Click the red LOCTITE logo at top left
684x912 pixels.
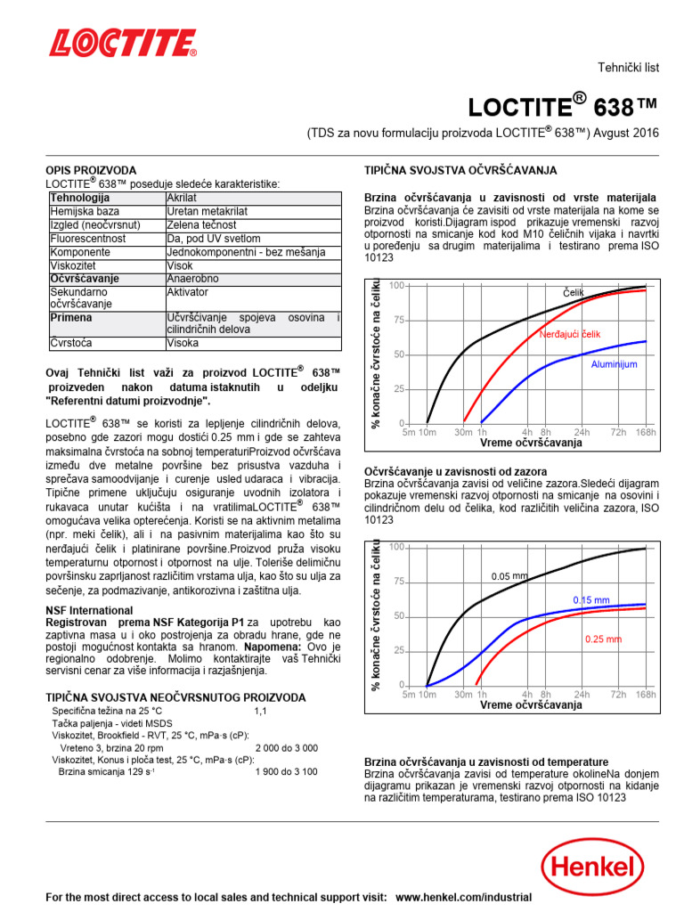tap(123, 44)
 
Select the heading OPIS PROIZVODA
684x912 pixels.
tap(91, 170)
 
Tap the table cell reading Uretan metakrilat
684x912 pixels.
tap(208, 211)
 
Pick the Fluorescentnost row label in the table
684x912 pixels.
tap(88, 239)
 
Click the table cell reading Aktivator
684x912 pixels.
tap(187, 292)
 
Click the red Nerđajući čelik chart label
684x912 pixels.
tap(570, 334)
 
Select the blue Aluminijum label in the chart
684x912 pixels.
tap(615, 364)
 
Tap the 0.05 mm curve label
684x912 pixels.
tap(509, 576)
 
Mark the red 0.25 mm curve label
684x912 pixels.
tap(603, 639)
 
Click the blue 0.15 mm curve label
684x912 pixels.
tap(590, 599)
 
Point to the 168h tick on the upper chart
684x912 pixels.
tap(646, 432)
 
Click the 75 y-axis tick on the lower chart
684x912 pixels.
tap(398, 581)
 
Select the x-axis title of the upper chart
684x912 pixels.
tap(531, 443)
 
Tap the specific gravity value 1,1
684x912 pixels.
tap(260, 712)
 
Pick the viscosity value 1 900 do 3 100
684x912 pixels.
tap(286, 771)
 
